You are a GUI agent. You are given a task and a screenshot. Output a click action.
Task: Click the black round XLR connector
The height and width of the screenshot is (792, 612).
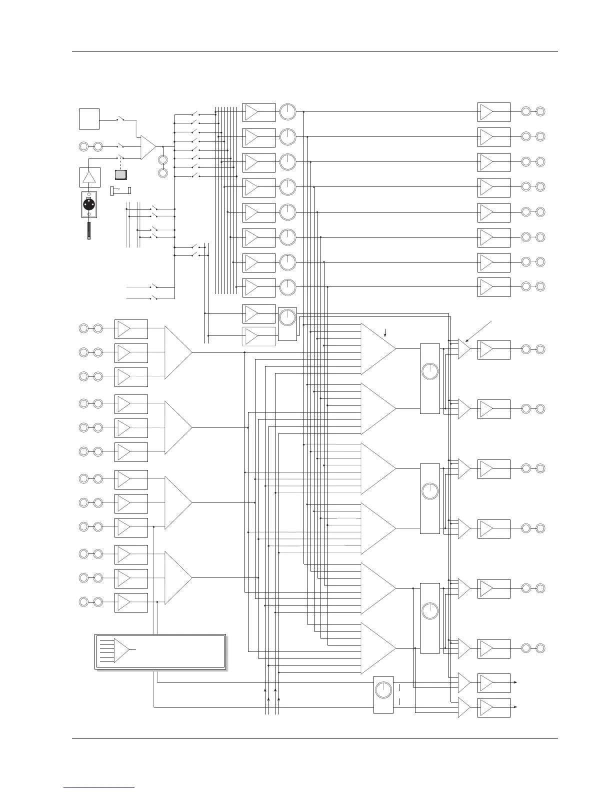pos(89,204)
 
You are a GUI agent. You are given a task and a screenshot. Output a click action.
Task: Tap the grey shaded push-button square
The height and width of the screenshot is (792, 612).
pos(121,175)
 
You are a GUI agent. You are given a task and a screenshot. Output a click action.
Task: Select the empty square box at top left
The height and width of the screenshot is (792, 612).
pos(89,118)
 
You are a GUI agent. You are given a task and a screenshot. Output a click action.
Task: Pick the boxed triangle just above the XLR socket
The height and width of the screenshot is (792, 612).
pos(89,177)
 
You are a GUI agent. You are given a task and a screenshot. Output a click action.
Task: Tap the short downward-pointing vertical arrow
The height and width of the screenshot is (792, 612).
pos(385,331)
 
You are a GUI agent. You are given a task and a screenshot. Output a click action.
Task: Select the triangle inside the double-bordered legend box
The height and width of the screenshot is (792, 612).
pos(121,650)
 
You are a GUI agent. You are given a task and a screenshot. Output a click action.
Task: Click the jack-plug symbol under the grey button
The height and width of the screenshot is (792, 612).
pos(120,190)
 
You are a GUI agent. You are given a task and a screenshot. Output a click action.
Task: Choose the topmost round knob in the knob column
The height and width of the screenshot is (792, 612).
pos(287,111)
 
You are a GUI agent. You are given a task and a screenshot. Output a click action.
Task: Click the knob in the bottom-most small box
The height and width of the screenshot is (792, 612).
pos(383,690)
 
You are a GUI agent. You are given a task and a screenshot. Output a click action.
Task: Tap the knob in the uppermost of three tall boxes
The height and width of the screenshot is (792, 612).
pos(429,371)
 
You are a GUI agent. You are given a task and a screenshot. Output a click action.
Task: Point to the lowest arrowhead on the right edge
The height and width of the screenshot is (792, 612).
pos(515,707)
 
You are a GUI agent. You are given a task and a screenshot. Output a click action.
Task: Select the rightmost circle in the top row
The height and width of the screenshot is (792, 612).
pos(540,111)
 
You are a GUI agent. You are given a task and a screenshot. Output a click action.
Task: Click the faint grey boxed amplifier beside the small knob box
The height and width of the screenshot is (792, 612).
pos(258,336)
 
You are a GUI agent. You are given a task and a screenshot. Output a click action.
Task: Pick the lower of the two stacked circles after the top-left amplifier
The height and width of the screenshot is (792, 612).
pos(162,173)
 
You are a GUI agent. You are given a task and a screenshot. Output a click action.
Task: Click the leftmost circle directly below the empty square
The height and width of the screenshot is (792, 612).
pos(84,146)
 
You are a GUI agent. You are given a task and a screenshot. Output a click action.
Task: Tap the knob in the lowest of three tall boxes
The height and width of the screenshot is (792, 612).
pos(429,610)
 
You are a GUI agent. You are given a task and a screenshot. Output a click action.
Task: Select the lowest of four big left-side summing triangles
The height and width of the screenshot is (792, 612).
pos(177,577)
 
